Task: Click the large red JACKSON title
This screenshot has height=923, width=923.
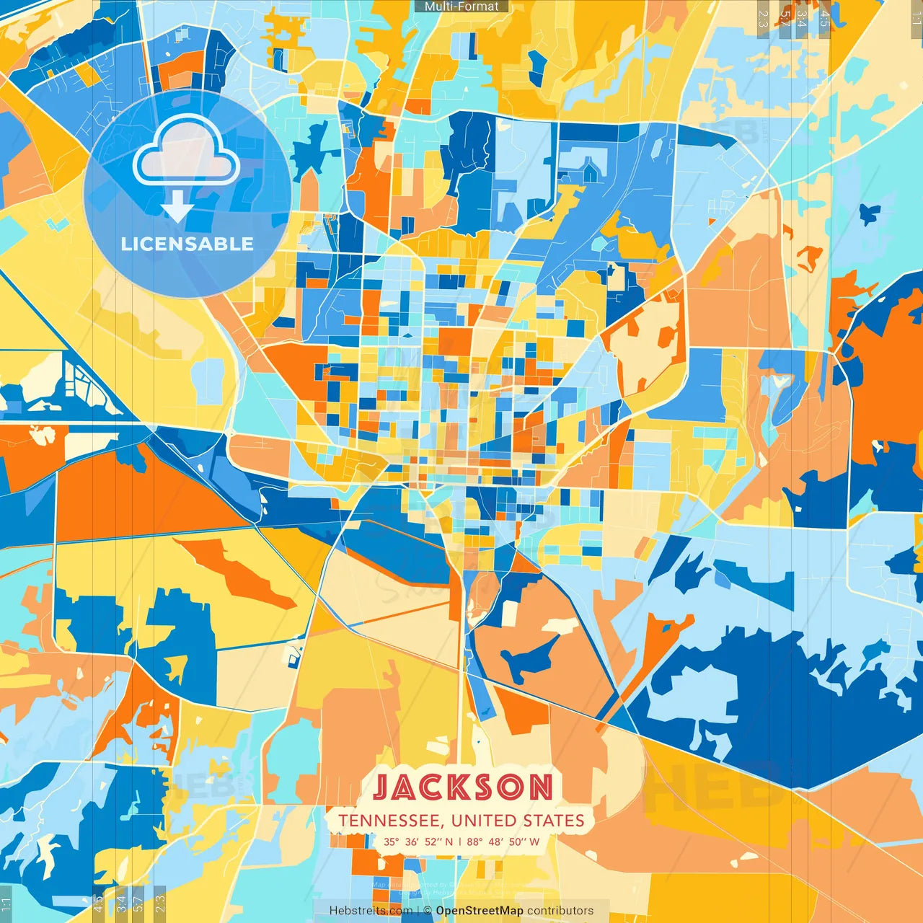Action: point(463,787)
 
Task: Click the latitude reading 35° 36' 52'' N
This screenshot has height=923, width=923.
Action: point(418,842)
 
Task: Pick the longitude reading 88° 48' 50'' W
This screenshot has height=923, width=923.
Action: point(503,842)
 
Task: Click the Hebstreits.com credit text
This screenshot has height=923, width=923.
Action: point(371,911)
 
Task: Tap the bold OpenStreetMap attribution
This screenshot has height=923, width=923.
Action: point(480,911)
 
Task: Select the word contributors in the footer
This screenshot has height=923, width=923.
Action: point(560,911)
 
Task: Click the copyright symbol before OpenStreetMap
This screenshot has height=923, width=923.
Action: point(428,911)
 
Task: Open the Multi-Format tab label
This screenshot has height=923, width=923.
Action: point(461,6)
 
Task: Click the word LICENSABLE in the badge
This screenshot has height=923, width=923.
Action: point(187,244)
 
